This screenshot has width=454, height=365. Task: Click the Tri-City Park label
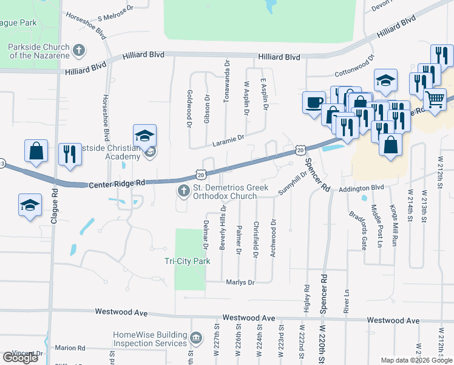[x=187, y=261]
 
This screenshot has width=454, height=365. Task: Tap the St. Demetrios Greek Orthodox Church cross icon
[x=183, y=192]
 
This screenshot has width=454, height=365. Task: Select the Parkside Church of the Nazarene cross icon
[x=79, y=50]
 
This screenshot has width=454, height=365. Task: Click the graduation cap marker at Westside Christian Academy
[x=144, y=136]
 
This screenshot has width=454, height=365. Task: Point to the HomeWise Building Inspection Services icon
[x=196, y=338]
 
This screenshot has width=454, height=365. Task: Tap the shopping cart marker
[x=435, y=99]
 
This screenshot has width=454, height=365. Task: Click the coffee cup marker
[x=314, y=102]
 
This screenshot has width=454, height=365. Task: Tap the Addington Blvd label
[x=362, y=188]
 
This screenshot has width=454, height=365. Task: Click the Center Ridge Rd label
[x=117, y=182]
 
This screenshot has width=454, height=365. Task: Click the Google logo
[x=20, y=358]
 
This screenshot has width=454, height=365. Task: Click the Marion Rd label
[x=65, y=348]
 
